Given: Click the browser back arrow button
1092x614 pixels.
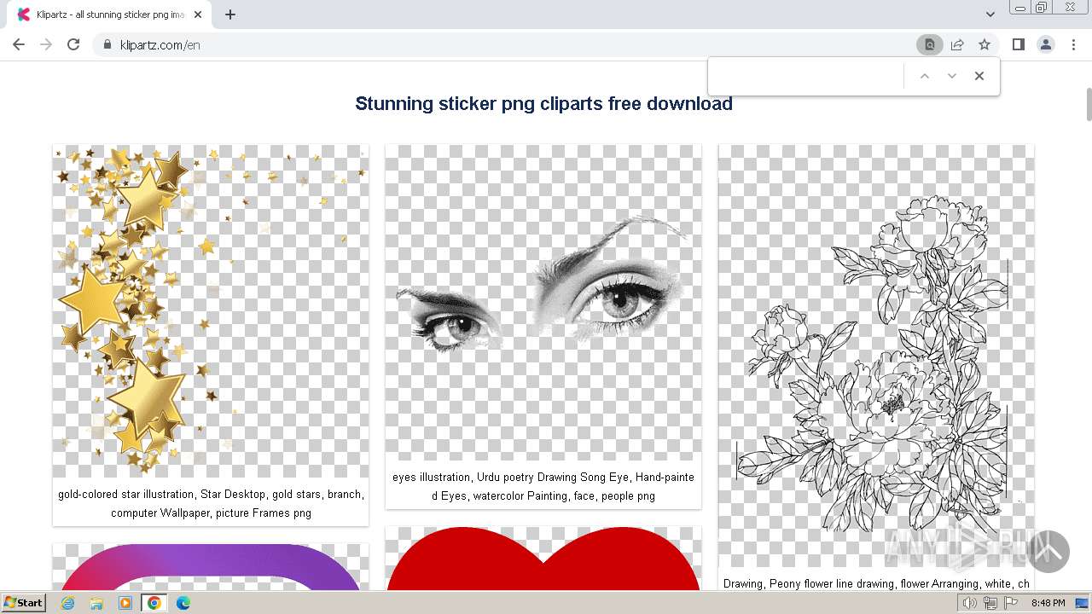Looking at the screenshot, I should click(x=19, y=44).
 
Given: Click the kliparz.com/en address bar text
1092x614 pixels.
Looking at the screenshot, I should click(x=160, y=45).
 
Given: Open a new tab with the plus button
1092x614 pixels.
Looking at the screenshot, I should click(x=230, y=14).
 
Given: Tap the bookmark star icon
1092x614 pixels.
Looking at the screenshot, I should click(x=985, y=44).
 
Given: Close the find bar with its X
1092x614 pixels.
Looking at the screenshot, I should click(x=979, y=76).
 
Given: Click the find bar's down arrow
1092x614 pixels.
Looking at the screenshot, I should click(x=952, y=76).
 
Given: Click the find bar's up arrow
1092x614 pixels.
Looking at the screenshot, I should click(x=924, y=76).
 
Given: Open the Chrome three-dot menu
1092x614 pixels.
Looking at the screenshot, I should click(x=1073, y=44).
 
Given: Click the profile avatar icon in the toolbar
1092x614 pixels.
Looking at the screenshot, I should click(x=1045, y=44).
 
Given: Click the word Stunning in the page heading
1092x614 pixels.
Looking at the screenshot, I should click(x=394, y=104).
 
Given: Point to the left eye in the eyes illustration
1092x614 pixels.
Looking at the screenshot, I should click(x=456, y=327).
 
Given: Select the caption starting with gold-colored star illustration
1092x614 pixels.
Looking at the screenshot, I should click(x=211, y=503).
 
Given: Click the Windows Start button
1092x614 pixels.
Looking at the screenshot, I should click(x=23, y=603).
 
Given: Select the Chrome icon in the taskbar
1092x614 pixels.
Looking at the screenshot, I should click(x=154, y=603).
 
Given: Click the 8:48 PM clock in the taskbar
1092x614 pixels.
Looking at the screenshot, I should click(x=1048, y=603).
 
